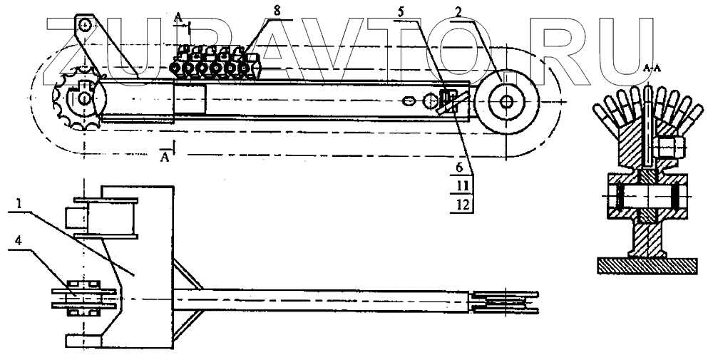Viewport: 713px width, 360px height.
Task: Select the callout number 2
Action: click(x=460, y=12)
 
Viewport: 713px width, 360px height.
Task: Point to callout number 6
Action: click(x=461, y=169)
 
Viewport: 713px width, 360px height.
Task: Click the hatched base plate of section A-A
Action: click(x=647, y=264)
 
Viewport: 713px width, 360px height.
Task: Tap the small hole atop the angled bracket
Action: click(x=85, y=25)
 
